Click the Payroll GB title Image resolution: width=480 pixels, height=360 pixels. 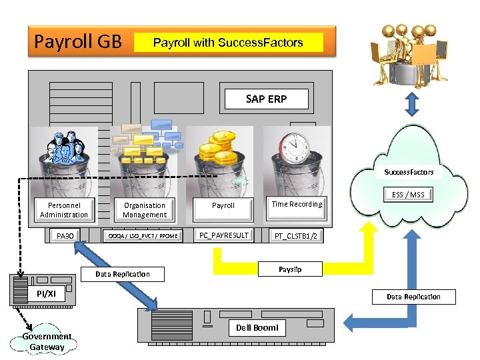pos(78,42)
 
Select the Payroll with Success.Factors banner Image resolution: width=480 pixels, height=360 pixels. pos(228,43)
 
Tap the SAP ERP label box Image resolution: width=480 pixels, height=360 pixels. pos(266,99)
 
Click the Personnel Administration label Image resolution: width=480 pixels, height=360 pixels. pos(63,210)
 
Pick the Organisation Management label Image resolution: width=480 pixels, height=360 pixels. pos(145,210)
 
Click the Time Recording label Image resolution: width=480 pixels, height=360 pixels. pos(297,204)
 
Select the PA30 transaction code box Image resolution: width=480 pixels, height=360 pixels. pos(65,235)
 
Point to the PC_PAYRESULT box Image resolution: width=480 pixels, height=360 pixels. pos(223,235)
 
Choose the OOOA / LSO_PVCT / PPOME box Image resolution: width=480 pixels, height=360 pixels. pos(144,236)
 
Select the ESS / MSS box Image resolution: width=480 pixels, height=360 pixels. pos(407,195)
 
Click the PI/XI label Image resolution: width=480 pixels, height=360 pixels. pos(47,294)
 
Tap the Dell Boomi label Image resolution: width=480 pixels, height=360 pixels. pos(257,327)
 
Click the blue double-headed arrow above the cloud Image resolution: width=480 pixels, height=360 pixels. pos(411,103)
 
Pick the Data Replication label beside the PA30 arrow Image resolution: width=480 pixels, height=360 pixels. pos(123,274)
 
